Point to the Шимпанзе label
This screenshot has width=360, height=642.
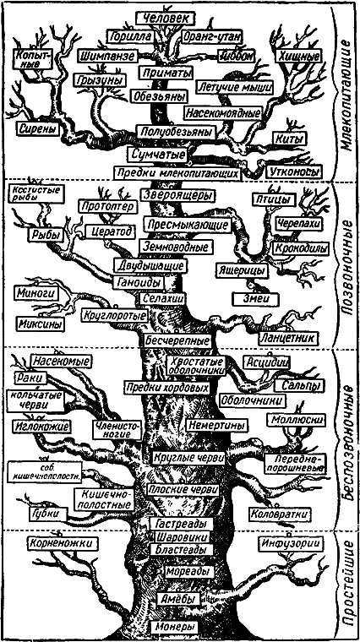tap(105, 56)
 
